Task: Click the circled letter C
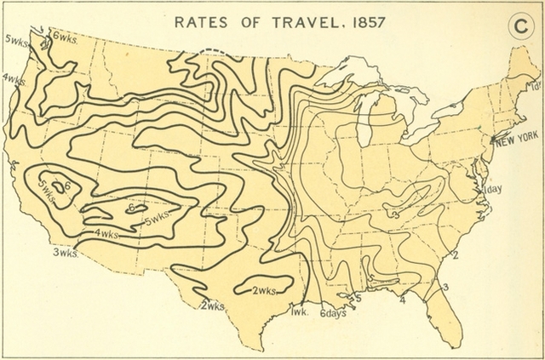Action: [517, 26]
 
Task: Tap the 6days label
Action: [334, 313]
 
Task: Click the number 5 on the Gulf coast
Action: [359, 299]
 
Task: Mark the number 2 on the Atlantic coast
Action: [456, 254]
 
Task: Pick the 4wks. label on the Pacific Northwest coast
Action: [12, 79]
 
